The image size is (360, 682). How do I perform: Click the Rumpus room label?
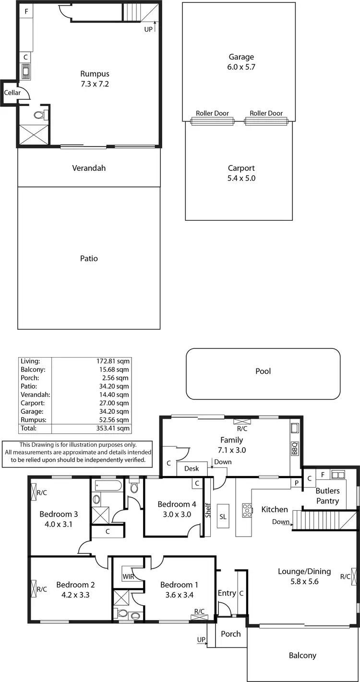95,74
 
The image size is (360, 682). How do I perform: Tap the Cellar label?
12,93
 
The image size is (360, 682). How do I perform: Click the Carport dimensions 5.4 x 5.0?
241,178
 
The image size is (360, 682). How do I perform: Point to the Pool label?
263,371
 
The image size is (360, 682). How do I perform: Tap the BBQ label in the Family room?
295,448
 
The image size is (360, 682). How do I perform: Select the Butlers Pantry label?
327,496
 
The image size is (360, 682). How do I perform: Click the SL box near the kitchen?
223,516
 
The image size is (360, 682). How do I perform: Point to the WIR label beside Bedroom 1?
128,576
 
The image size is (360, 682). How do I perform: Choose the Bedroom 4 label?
177,504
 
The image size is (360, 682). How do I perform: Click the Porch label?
230,634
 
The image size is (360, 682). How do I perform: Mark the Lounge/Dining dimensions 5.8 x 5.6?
304,581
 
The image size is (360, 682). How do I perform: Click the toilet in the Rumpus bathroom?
40,115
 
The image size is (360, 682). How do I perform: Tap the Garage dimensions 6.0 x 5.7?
241,67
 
